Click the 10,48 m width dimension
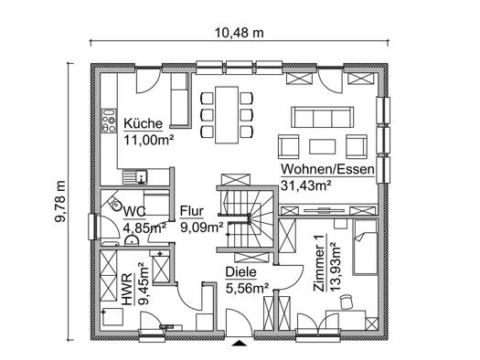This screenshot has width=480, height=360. (x=239, y=32)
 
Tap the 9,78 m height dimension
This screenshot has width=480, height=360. (x=60, y=201)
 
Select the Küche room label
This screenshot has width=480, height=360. (x=143, y=123)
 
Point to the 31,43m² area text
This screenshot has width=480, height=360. (x=305, y=185)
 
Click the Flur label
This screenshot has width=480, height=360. (x=192, y=211)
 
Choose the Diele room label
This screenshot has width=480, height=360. (x=240, y=272)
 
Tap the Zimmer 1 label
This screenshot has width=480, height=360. (x=319, y=263)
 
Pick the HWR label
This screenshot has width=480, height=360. (x=128, y=290)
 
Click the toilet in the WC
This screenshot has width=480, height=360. (x=114, y=203)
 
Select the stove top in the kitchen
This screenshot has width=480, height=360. (x=109, y=121)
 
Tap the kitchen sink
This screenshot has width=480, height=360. (x=135, y=177)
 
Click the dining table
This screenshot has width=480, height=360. (x=227, y=115)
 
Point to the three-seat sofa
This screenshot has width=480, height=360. (x=323, y=117)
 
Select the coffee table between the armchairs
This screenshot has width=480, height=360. (x=323, y=146)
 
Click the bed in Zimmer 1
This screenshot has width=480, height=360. (x=365, y=247)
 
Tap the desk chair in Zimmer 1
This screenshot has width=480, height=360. (x=347, y=302)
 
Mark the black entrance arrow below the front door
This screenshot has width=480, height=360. (x=240, y=343)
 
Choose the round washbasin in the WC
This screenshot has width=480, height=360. (x=132, y=240)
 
